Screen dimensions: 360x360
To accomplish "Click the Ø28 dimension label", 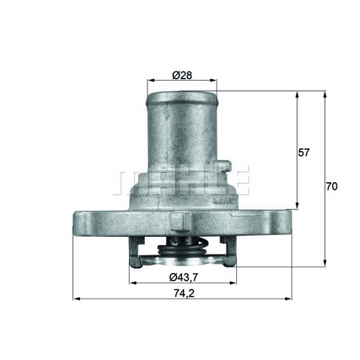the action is point(182,76).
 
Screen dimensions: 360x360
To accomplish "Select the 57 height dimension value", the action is point(304,153).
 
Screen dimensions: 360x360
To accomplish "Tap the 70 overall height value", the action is point(331,186).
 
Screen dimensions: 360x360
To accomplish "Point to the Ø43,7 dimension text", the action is point(184,278).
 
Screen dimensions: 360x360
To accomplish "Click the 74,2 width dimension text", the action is point(184,293).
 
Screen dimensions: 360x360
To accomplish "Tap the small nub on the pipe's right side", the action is point(225,166).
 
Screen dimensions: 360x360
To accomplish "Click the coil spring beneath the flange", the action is point(181,247).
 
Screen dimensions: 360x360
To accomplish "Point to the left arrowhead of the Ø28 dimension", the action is point(150,81).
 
